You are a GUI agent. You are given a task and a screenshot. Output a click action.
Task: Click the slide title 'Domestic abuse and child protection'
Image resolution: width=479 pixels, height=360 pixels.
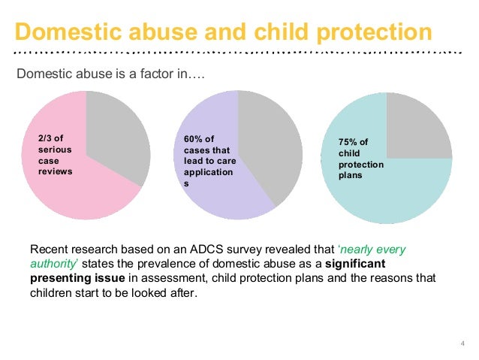[224, 32]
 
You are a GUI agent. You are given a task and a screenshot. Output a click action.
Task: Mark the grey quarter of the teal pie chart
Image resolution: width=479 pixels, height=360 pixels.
[417, 128]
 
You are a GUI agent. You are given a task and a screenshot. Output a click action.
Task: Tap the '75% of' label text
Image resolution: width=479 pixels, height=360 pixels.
[355, 142]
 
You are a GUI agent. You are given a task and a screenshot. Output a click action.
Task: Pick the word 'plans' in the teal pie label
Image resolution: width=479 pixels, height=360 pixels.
[350, 175]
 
